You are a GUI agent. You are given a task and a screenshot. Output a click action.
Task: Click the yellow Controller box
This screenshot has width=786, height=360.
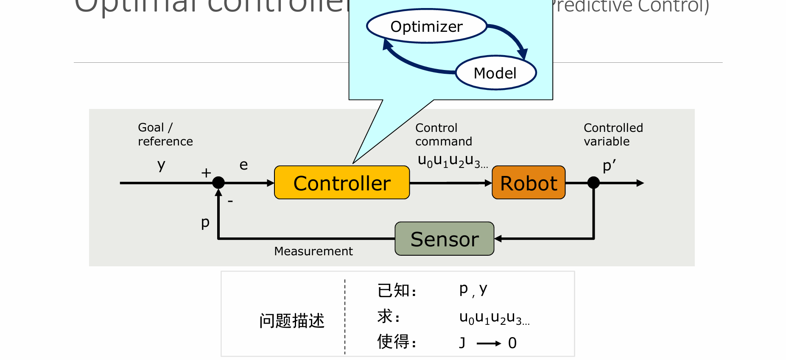(342, 183)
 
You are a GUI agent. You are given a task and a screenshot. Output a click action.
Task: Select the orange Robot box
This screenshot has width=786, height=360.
(529, 183)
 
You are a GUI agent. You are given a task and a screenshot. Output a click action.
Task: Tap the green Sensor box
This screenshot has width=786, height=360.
(445, 239)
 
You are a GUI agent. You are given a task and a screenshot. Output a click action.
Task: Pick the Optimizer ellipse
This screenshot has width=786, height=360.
(427, 26)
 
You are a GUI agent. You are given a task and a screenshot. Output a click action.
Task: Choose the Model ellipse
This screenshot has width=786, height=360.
(495, 73)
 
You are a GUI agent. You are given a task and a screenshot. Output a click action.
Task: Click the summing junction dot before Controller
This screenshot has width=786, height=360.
(218, 183)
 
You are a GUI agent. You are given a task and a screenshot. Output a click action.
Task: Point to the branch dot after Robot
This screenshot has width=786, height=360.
(593, 183)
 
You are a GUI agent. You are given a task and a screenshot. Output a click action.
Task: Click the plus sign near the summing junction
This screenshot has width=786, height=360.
(206, 173)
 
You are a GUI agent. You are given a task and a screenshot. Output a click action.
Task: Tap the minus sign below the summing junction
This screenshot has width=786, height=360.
(230, 201)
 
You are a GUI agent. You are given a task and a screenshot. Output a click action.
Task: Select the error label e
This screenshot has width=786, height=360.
(243, 165)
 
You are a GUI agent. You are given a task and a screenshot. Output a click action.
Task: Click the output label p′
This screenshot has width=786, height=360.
(609, 165)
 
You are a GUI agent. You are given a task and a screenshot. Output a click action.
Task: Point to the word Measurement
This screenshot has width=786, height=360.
(313, 251)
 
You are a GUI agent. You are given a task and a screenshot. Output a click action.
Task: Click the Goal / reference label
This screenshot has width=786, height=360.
(165, 134)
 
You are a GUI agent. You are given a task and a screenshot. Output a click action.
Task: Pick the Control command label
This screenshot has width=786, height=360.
(443, 134)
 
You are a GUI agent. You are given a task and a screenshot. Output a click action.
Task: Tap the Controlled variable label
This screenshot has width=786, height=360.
(613, 134)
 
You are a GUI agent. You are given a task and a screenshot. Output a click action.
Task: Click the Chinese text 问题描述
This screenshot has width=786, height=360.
(292, 321)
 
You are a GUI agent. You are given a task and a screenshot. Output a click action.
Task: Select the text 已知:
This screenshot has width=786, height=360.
(397, 290)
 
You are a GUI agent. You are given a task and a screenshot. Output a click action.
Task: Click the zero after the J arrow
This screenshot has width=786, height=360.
(512, 343)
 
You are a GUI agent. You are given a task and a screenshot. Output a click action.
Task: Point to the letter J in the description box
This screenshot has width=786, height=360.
(462, 343)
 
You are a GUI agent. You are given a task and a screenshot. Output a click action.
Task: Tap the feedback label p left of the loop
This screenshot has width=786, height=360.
(205, 222)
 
